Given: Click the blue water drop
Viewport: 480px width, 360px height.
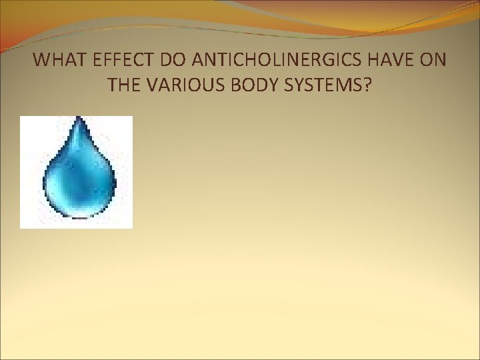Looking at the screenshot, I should coord(79,177).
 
